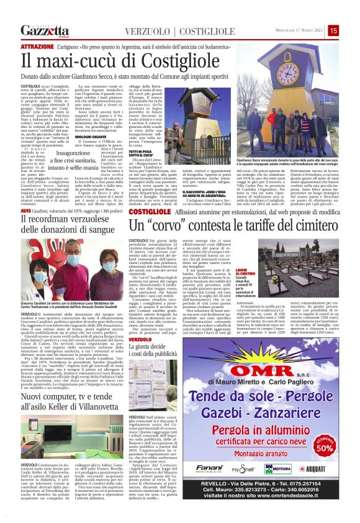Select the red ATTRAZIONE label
[37, 47]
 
